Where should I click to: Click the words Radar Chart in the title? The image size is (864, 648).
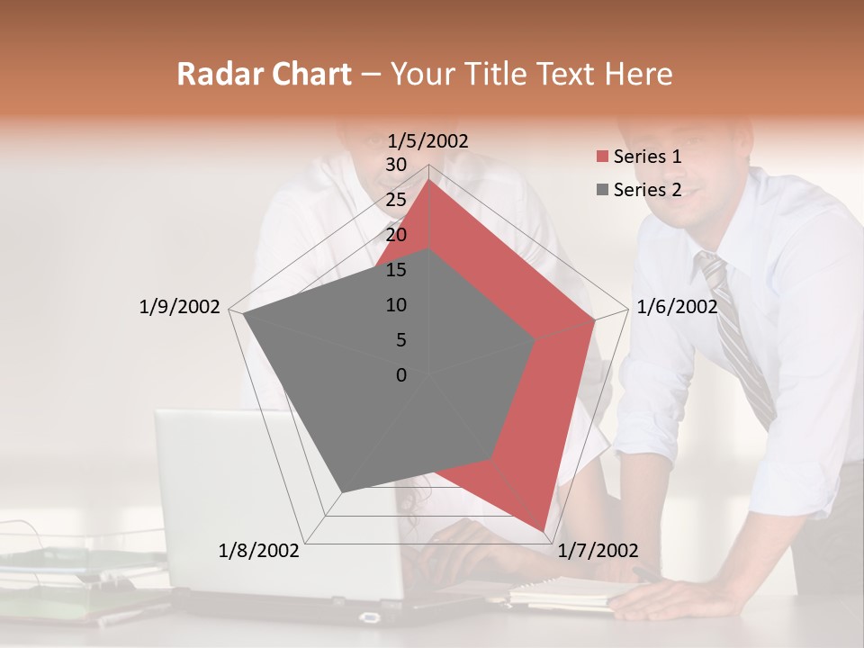(x=264, y=75)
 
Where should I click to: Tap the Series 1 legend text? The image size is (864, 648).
(x=647, y=157)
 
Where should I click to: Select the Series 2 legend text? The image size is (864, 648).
(x=647, y=190)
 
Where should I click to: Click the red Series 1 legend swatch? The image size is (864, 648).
(x=602, y=157)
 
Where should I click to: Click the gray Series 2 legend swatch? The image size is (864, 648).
(x=602, y=190)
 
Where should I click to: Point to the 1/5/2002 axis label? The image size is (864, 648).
(x=428, y=140)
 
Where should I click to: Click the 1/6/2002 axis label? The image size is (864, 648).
(x=677, y=307)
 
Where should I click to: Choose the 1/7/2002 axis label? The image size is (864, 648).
(x=598, y=551)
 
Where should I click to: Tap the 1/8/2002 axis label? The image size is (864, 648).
(x=259, y=551)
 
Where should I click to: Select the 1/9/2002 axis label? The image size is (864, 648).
(x=180, y=307)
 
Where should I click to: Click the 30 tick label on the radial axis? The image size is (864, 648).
(x=396, y=165)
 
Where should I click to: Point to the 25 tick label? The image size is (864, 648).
(x=396, y=200)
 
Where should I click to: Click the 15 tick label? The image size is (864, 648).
(x=396, y=270)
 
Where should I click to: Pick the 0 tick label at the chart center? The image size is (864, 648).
(x=401, y=375)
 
